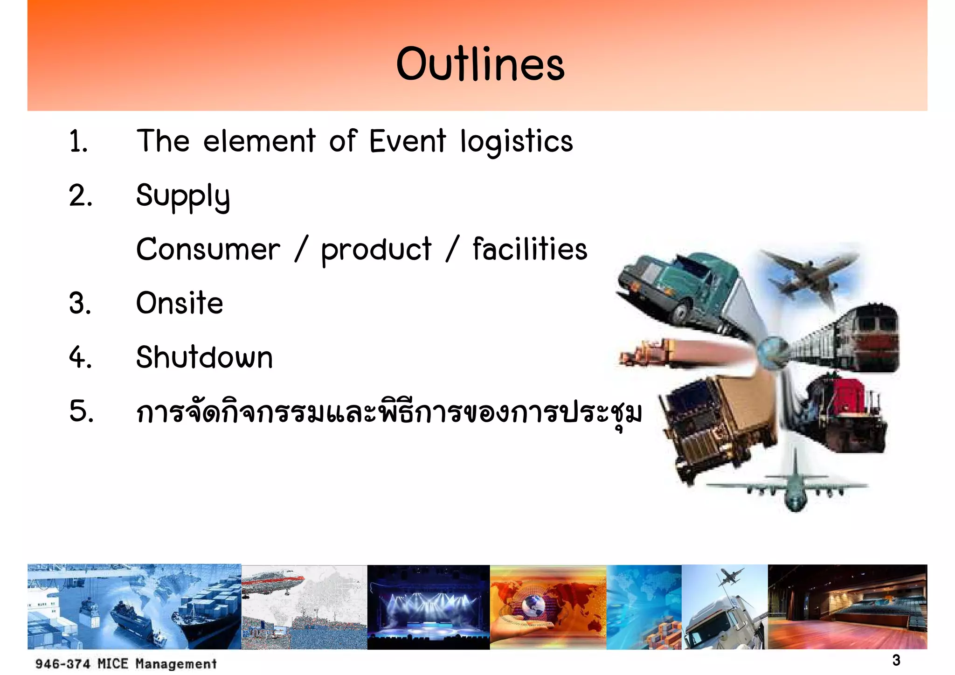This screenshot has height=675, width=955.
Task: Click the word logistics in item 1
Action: click(x=516, y=141)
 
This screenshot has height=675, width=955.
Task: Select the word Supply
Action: click(x=183, y=196)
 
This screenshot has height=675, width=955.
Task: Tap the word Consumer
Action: click(x=208, y=250)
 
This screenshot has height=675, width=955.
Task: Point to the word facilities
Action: click(x=530, y=249)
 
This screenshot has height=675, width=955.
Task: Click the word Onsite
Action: click(x=180, y=303)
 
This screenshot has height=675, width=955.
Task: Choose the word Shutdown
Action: click(x=204, y=358)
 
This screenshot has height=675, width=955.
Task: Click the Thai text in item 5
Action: click(x=388, y=412)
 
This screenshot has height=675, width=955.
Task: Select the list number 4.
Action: click(x=80, y=358)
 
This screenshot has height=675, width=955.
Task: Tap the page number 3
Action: click(x=896, y=660)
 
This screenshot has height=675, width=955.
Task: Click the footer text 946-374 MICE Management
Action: click(x=126, y=663)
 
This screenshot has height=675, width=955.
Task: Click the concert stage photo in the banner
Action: click(x=428, y=606)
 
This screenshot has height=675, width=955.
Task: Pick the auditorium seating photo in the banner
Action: click(x=847, y=606)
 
